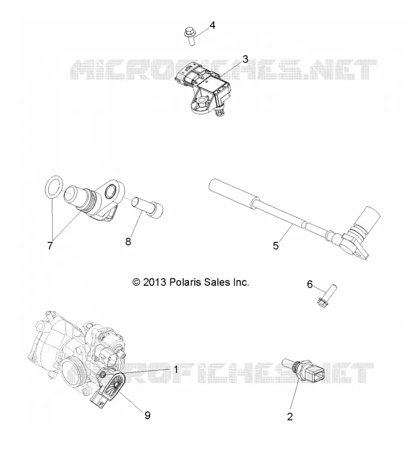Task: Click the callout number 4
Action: pos(212,25)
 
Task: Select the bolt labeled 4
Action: pos(190,35)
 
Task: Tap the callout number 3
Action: pos(245,60)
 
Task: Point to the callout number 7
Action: pos(50,245)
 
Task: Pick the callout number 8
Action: pos(128,242)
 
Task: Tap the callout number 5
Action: pos(276,246)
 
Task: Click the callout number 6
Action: pos(310,284)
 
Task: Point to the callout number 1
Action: pos(176,370)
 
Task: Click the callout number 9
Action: pos(147,415)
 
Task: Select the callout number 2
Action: pos(290,417)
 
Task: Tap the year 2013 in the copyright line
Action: pos(155,282)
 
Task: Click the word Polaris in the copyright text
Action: pos(186,282)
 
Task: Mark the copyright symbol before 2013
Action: pos(136,282)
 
